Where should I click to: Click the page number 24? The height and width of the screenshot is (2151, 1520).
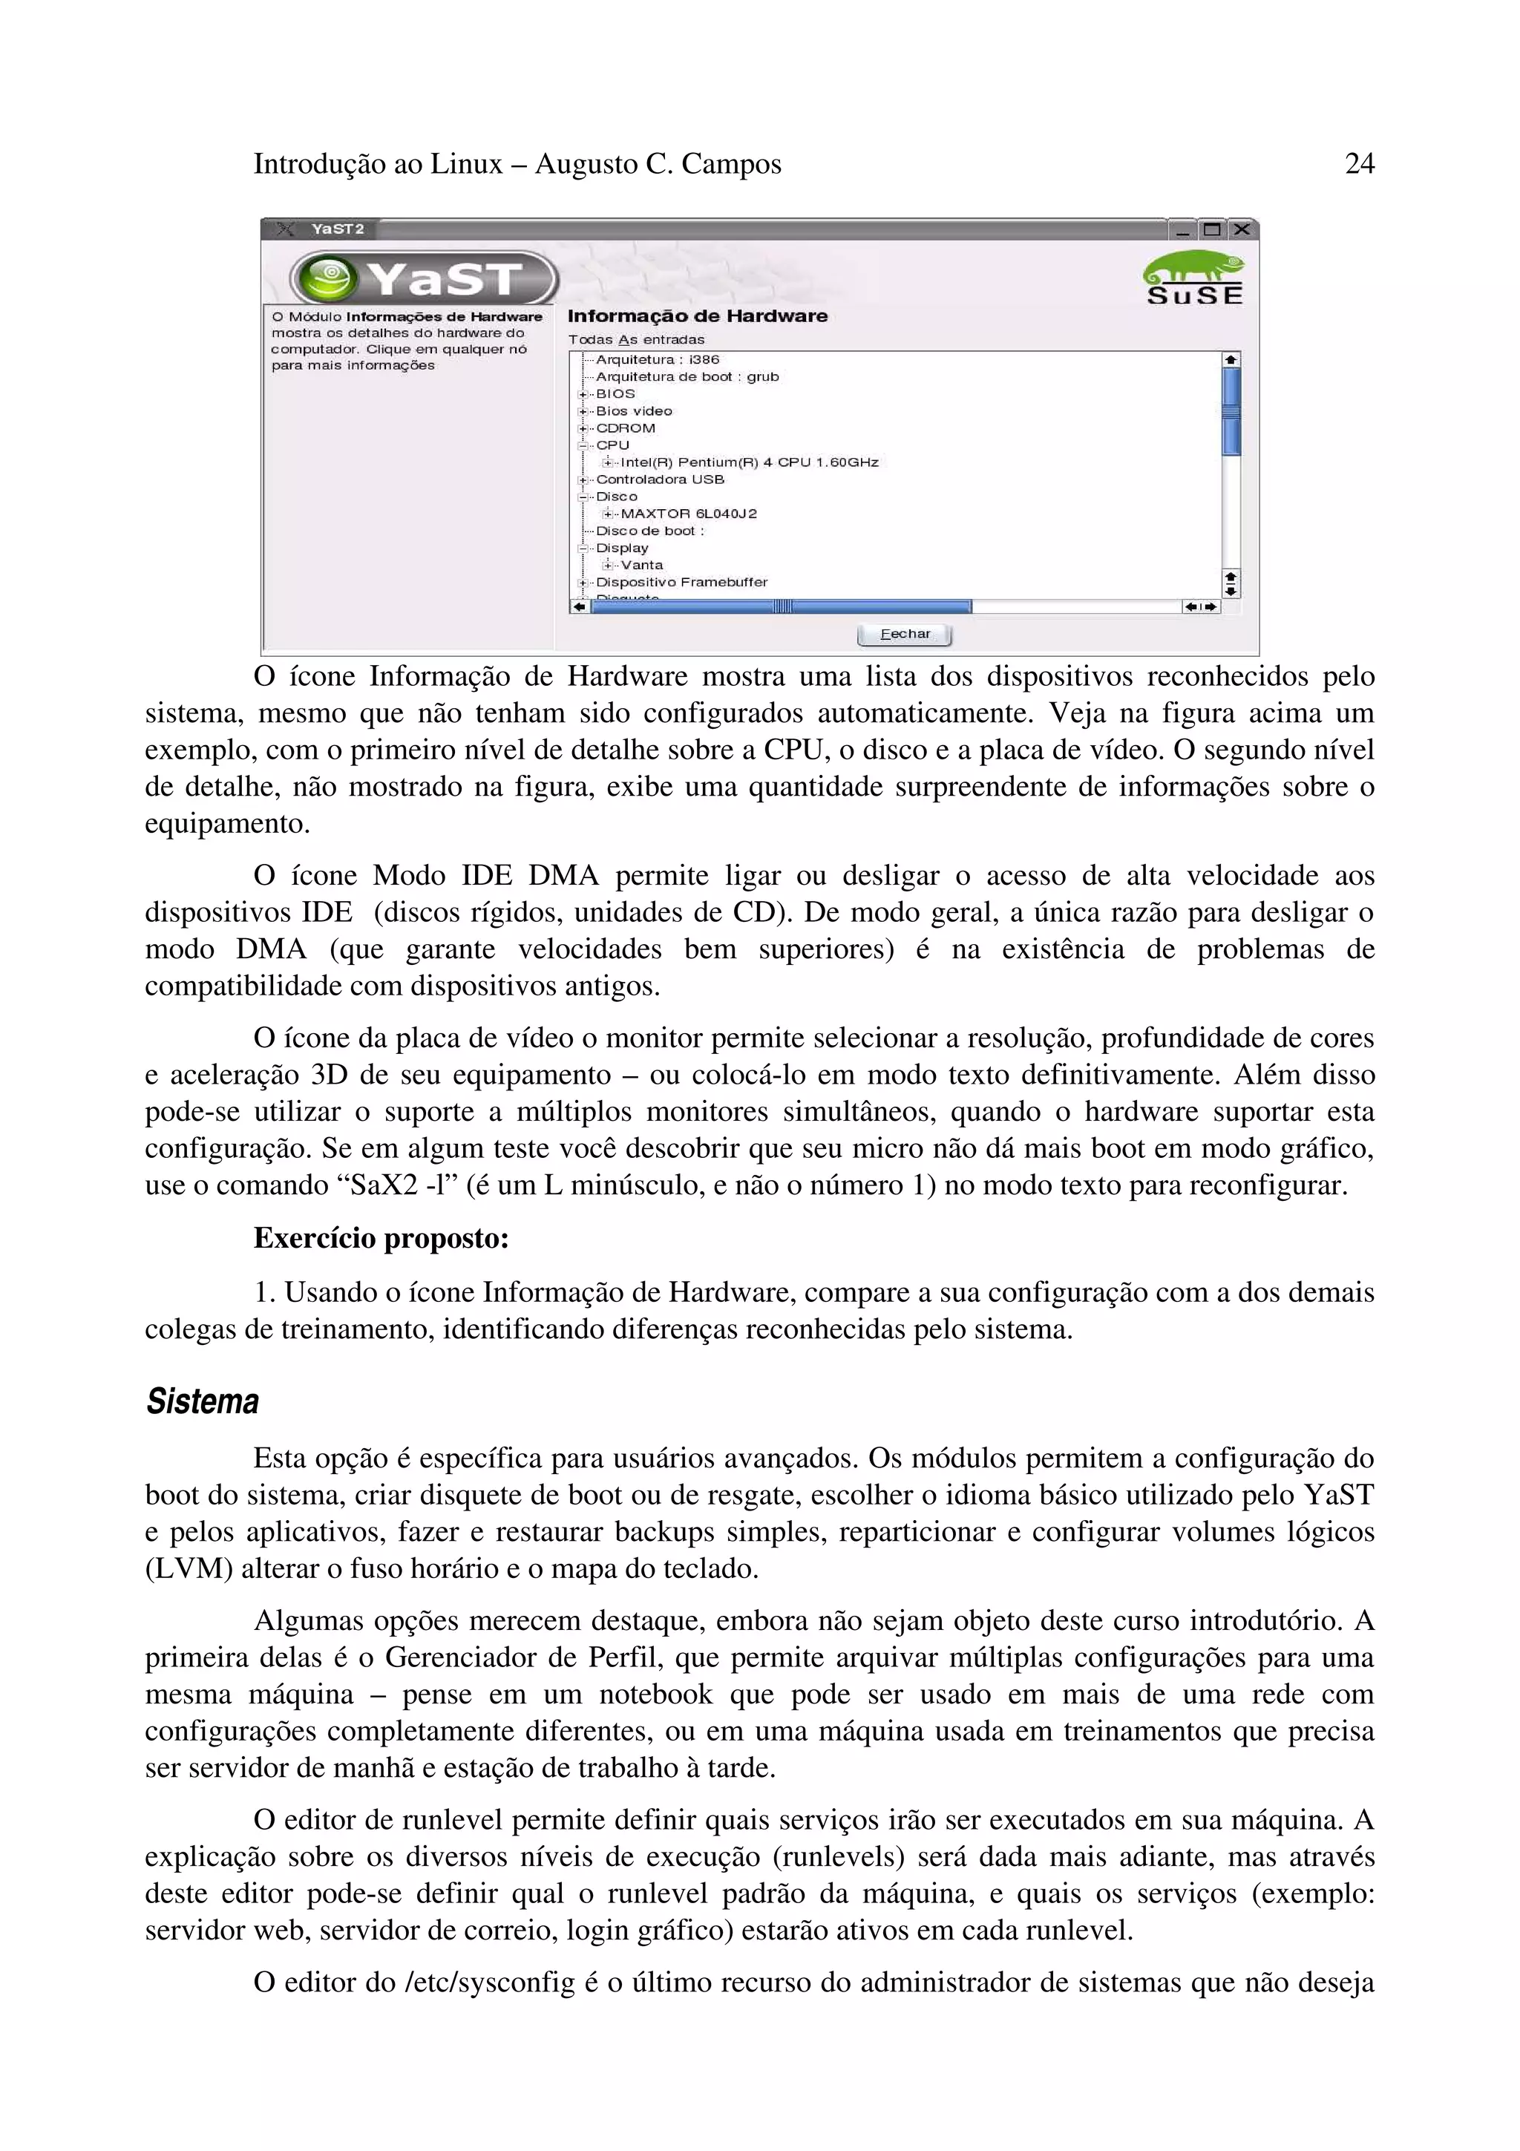pyautogui.click(x=1359, y=164)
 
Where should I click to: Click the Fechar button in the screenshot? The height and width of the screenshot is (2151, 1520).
pyautogui.click(x=904, y=635)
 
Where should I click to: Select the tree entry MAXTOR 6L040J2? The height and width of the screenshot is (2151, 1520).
pyautogui.click(x=688, y=514)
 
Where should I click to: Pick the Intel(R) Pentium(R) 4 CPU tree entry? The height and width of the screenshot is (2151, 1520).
pyautogui.click(x=748, y=462)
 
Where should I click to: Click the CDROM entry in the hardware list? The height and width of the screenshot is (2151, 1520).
pyautogui.click(x=626, y=428)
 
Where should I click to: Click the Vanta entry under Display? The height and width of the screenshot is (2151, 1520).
pyautogui.click(x=641, y=565)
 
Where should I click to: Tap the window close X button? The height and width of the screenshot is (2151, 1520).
pyautogui.click(x=1242, y=229)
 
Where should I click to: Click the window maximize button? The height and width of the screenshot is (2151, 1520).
pyautogui.click(x=1213, y=229)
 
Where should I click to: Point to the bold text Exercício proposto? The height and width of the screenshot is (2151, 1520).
pyautogui.click(x=381, y=1239)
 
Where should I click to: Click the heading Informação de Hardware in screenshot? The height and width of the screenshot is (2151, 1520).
pyautogui.click(x=697, y=315)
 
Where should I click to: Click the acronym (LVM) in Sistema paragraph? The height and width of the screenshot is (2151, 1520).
pyautogui.click(x=189, y=1568)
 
